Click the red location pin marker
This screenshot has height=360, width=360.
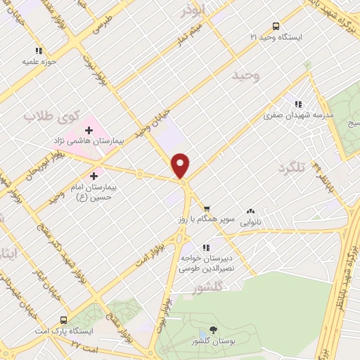[181, 165]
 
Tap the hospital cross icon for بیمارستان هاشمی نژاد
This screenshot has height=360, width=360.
[89, 129]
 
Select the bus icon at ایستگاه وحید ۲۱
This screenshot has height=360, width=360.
[276, 26]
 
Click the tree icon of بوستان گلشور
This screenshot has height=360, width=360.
[214, 330]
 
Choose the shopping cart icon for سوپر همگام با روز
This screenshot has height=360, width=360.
[207, 209]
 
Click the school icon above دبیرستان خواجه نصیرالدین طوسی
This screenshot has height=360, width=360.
[206, 247]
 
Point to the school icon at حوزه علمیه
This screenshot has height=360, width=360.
[39, 51]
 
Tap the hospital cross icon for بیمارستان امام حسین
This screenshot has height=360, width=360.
[94, 175]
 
